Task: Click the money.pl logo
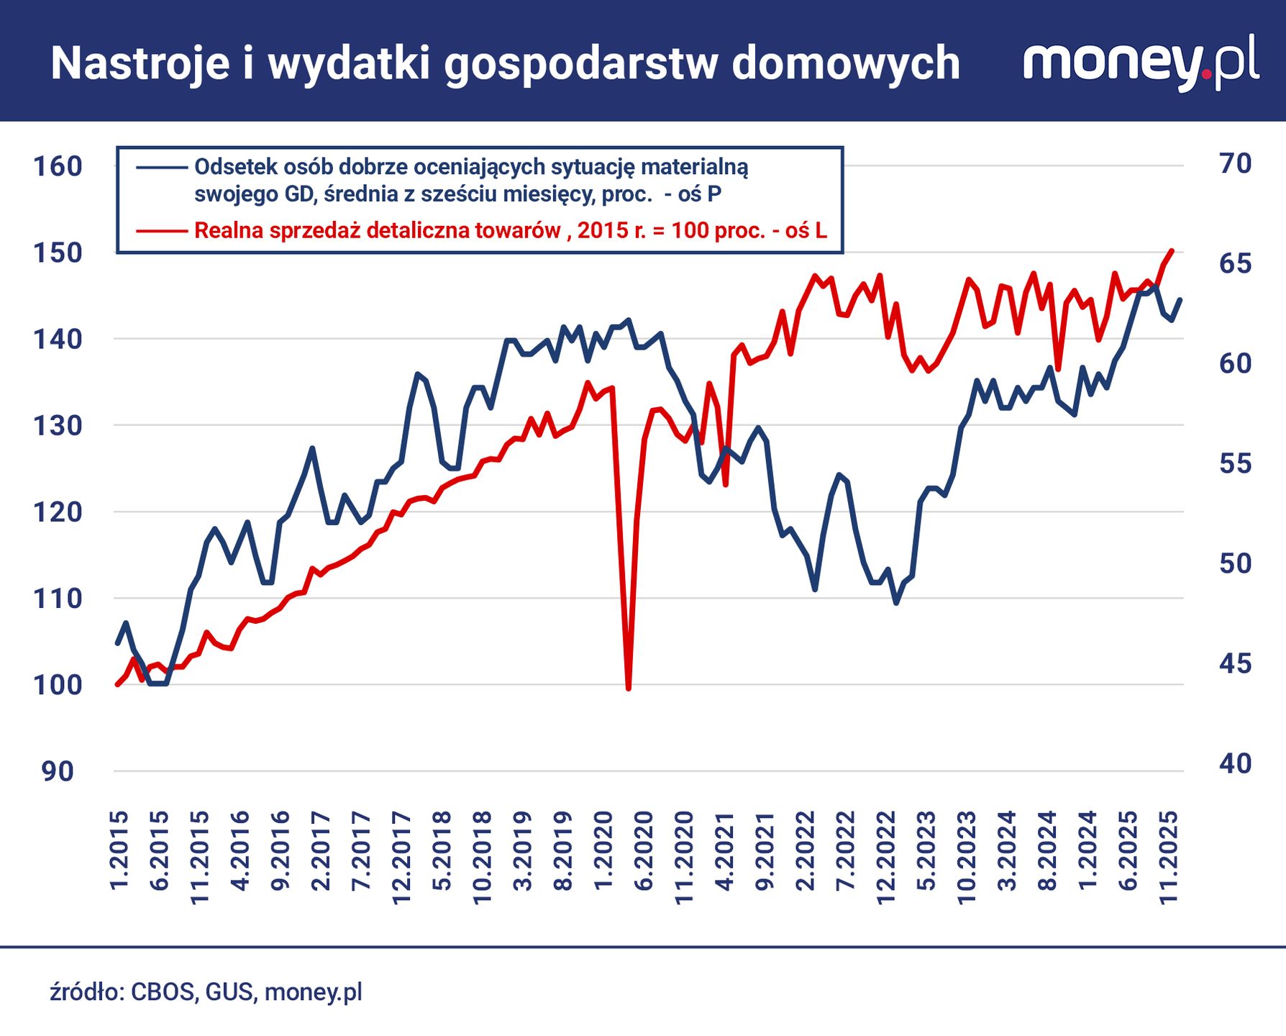[x=1141, y=62]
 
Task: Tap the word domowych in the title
[x=846, y=63]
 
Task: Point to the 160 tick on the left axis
[x=58, y=166]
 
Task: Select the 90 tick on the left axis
[x=58, y=771]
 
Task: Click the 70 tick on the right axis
[x=1235, y=164]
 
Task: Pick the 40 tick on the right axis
[x=1235, y=764]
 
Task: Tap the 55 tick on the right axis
[x=1235, y=464]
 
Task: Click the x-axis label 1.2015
[x=119, y=850]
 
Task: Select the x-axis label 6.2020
[x=644, y=850]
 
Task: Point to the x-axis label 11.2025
[x=1169, y=856]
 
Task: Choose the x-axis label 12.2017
[x=401, y=856]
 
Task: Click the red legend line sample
[x=162, y=231]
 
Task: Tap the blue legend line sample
[x=162, y=167]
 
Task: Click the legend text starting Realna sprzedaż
[x=510, y=231]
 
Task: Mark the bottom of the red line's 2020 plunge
[x=629, y=688]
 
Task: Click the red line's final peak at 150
[x=1172, y=251]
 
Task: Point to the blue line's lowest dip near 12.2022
[x=896, y=602]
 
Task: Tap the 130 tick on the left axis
[x=58, y=426]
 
